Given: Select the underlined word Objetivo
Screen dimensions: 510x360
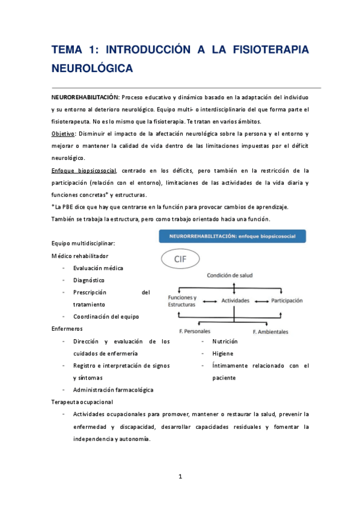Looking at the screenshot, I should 63,134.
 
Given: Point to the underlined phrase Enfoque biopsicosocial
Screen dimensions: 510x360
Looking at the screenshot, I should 84,170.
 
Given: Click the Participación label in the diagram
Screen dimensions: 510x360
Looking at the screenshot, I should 287,300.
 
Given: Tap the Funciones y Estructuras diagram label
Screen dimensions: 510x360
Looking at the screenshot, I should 182,301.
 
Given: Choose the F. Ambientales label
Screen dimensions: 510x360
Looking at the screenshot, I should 270,331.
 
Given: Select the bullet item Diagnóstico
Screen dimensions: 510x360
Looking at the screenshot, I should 90,280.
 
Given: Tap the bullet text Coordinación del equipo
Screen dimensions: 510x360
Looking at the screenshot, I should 108,317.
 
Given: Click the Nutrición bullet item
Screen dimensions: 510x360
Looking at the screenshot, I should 225,341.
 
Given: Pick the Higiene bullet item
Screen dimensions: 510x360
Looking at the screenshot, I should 222,353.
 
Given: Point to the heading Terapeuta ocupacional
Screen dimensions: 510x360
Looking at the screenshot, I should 82,402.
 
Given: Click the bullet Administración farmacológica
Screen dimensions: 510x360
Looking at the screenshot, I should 113,390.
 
